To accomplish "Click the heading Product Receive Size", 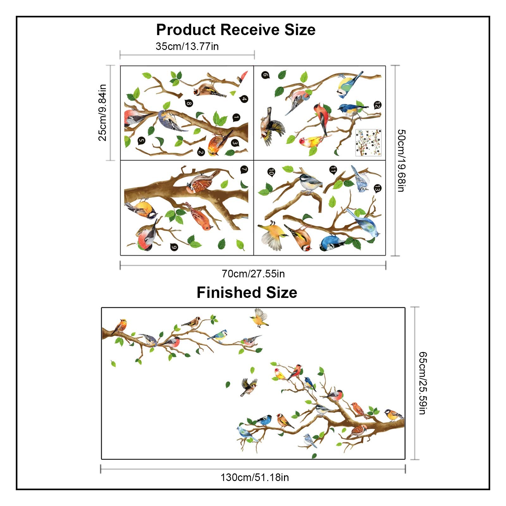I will point(236,30).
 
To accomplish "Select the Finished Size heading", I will point(247,292).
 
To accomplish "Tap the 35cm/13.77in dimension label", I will point(187,46).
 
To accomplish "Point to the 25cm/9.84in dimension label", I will point(102,112).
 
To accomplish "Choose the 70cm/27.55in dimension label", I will point(253,274).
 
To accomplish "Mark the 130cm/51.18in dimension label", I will point(255,477).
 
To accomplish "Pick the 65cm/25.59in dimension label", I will point(423,383).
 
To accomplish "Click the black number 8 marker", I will point(189,103).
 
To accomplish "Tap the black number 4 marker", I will point(244,99).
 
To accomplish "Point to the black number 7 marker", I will point(244,170).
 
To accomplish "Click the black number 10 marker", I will point(271,172).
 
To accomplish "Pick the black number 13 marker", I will point(377,189).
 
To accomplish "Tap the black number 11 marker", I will point(333,170).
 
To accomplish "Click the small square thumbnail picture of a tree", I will point(368,142).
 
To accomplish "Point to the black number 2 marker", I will point(201,152).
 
